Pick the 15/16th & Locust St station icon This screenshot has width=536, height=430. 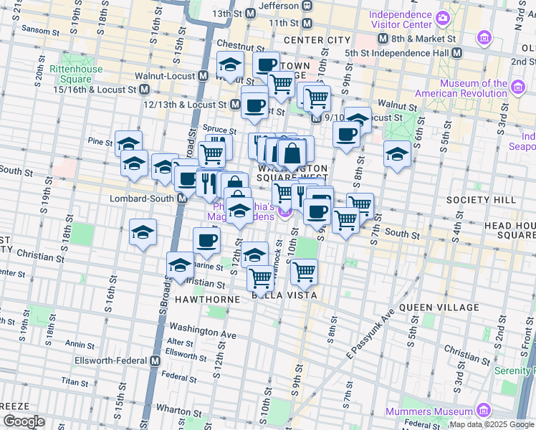coord(145,90)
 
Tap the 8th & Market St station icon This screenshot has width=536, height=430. coord(383,39)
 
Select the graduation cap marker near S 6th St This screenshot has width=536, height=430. coord(396,153)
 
